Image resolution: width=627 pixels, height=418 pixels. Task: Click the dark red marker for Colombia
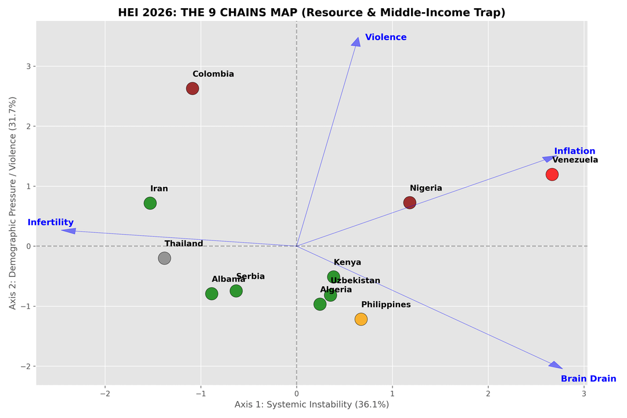193,89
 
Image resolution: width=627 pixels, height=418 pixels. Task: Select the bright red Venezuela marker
552,174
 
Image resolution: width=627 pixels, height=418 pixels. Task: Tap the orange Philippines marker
361,319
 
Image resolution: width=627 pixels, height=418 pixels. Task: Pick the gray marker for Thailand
164,258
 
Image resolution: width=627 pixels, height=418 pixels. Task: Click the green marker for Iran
150,203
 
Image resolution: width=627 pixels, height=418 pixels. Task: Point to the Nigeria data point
410,203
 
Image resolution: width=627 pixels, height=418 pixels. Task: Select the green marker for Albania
212,294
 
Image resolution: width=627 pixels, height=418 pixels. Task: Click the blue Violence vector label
385,38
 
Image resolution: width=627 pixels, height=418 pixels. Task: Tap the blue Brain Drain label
588,379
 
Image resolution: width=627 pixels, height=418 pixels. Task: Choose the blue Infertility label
51,222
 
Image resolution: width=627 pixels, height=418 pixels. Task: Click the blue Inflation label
574,152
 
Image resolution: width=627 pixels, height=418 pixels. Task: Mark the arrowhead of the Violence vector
356,41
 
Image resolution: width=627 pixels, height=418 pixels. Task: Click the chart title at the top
311,12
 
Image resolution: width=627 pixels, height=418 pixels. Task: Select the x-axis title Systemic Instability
311,405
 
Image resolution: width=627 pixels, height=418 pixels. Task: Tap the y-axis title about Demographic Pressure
13,203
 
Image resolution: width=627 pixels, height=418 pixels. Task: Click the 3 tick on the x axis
583,393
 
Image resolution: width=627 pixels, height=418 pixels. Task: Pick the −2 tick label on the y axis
27,366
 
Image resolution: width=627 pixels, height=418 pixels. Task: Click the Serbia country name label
250,277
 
